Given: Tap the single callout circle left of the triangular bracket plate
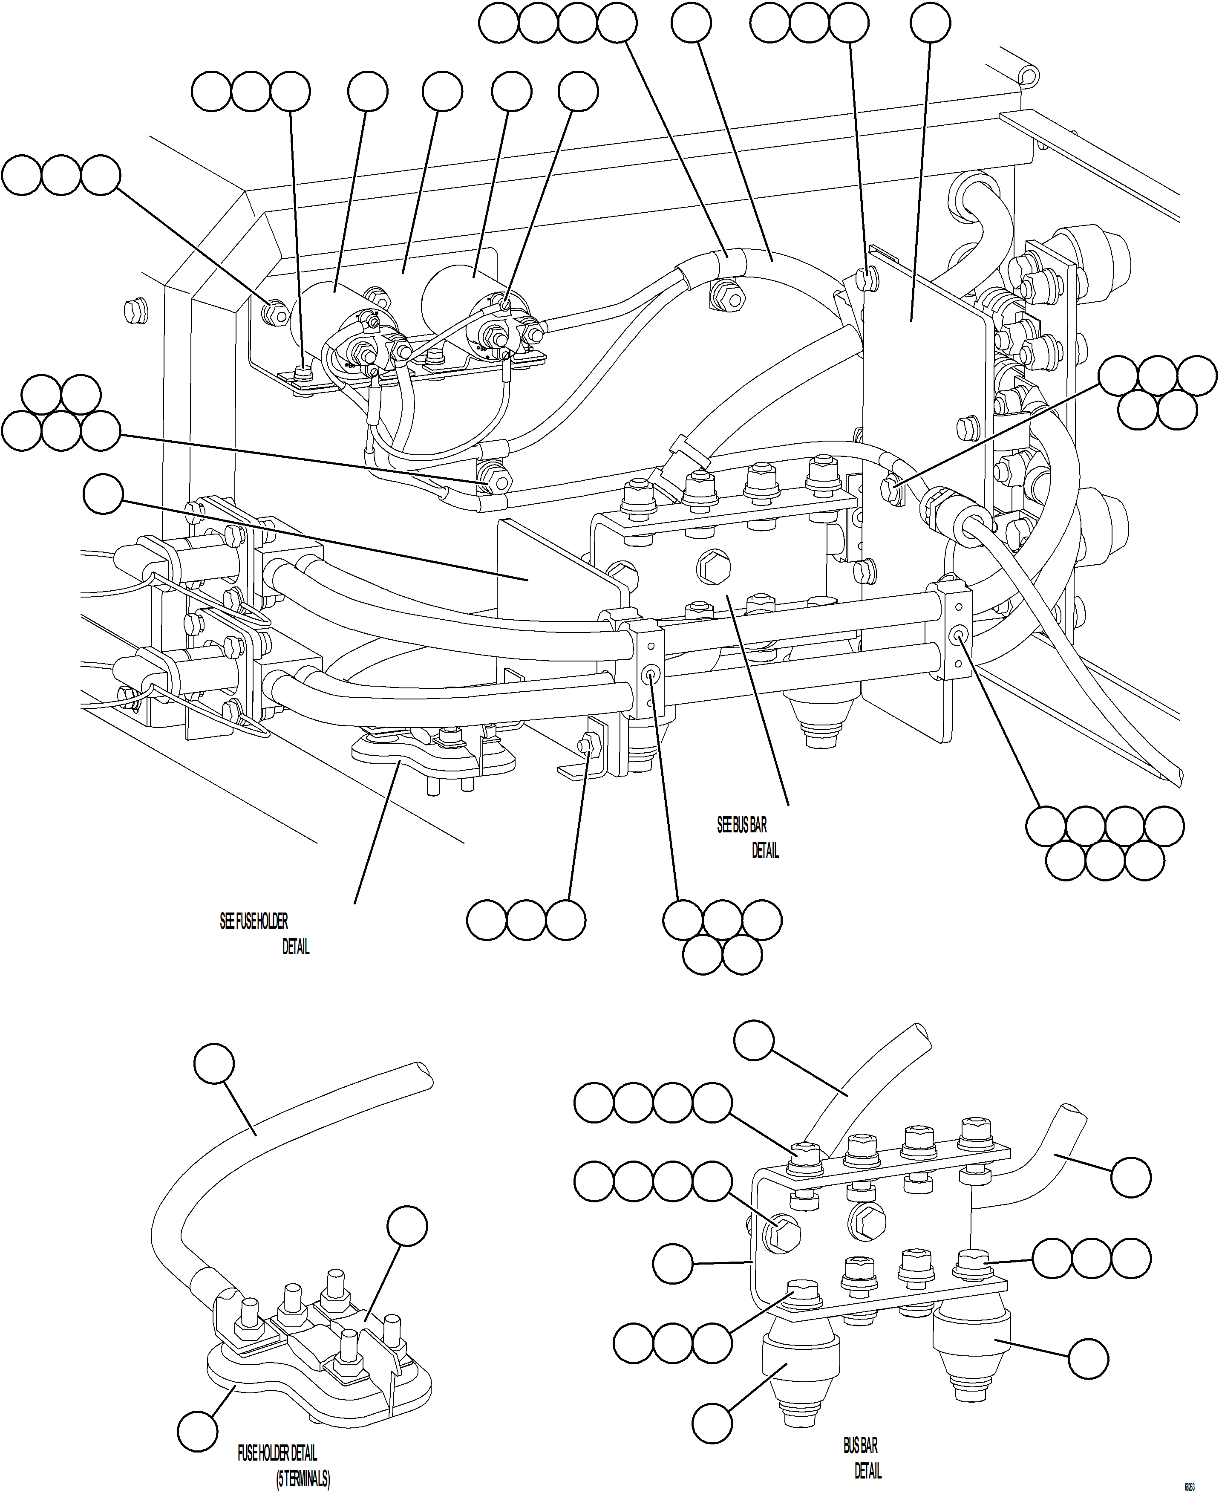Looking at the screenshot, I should (x=103, y=495).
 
